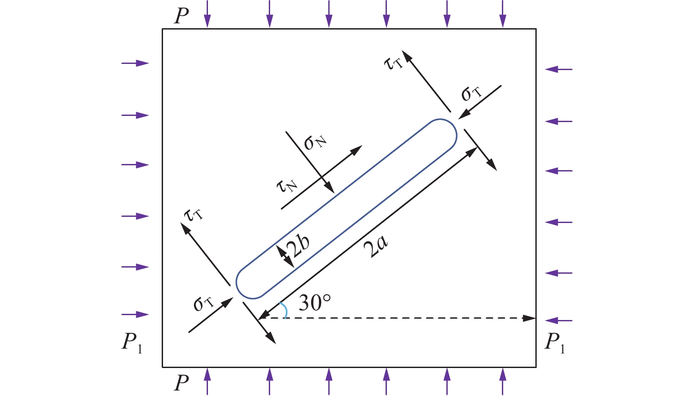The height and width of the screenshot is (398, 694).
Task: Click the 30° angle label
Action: point(315,302)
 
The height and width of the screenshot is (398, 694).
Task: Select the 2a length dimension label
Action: point(375,246)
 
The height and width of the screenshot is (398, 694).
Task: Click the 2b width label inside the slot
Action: point(298,245)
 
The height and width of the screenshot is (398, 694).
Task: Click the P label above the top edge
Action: point(181,16)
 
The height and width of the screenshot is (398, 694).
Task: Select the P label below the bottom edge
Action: point(181,383)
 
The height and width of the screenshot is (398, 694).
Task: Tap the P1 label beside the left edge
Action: point(132,343)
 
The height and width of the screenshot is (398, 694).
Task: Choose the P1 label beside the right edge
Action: point(555,343)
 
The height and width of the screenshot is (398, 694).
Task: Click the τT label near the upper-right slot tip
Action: point(393,63)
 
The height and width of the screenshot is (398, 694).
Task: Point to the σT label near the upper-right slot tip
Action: point(471,93)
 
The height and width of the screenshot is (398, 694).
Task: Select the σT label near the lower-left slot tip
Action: point(204,304)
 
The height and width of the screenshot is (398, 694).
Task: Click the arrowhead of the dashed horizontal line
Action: point(529,318)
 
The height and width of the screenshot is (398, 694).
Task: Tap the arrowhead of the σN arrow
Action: point(330,187)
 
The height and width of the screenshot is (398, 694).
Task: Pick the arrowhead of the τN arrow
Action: point(356,150)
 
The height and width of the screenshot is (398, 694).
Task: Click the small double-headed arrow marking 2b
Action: point(285,256)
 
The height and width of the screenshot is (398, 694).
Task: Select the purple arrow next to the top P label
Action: point(207,14)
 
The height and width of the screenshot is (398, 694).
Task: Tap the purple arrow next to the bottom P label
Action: point(207,381)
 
